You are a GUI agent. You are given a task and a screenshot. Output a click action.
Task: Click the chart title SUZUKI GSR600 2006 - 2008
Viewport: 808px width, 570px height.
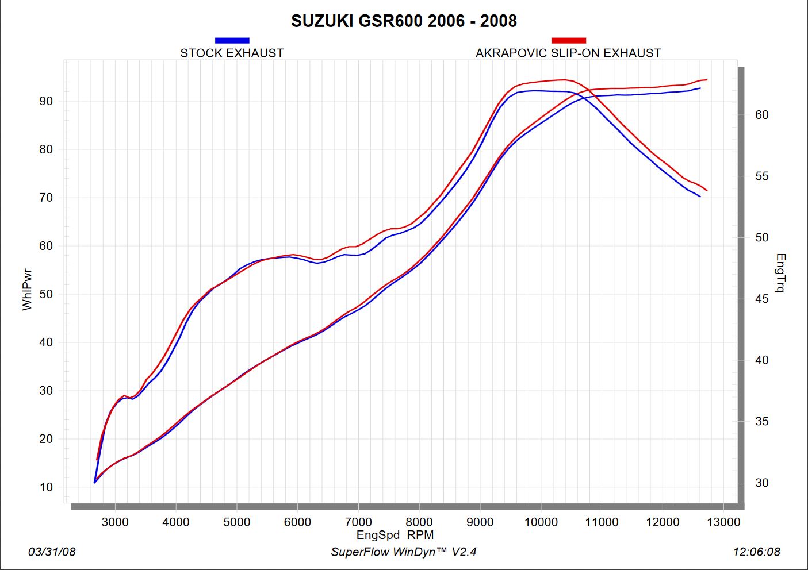(404, 21)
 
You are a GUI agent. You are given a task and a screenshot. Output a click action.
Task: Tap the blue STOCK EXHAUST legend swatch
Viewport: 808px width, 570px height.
(232, 40)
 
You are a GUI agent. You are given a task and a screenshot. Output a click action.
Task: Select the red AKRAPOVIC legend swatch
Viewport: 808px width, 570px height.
(568, 40)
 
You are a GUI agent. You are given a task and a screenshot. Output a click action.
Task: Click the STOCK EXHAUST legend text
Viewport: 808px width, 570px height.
(232, 53)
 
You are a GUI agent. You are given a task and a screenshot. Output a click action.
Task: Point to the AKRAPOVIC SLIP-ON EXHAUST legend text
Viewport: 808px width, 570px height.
(568, 53)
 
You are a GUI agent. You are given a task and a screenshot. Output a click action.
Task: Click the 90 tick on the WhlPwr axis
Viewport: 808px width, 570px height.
(46, 101)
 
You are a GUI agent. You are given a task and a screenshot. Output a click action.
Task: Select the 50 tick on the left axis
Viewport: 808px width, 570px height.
(46, 294)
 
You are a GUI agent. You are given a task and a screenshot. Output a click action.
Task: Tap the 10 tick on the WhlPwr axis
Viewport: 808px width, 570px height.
(46, 487)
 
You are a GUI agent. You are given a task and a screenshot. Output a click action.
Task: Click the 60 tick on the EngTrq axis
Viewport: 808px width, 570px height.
(761, 115)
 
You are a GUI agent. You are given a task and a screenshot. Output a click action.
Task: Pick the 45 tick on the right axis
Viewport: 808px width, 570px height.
(761, 299)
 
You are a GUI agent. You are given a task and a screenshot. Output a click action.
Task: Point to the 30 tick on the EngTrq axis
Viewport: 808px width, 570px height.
(761, 483)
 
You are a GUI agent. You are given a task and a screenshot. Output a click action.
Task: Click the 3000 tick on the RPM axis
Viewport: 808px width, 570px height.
(115, 522)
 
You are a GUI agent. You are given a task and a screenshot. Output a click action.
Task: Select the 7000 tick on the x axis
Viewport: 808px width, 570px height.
(358, 522)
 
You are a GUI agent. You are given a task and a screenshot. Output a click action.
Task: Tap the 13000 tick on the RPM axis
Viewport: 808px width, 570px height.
(723, 522)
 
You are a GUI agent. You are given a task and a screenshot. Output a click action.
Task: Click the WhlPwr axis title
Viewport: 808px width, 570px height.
(27, 290)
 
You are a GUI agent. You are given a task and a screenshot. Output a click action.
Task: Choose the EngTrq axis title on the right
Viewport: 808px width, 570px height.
(780, 273)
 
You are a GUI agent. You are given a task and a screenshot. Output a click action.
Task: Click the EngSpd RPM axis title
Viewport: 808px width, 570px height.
(395, 535)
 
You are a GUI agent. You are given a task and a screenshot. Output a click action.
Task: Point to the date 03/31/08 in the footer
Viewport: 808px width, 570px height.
(52, 552)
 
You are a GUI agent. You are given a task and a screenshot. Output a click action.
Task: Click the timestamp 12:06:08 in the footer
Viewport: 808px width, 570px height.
(756, 552)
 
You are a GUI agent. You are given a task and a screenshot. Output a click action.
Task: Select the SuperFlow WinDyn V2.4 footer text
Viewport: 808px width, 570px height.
(404, 552)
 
